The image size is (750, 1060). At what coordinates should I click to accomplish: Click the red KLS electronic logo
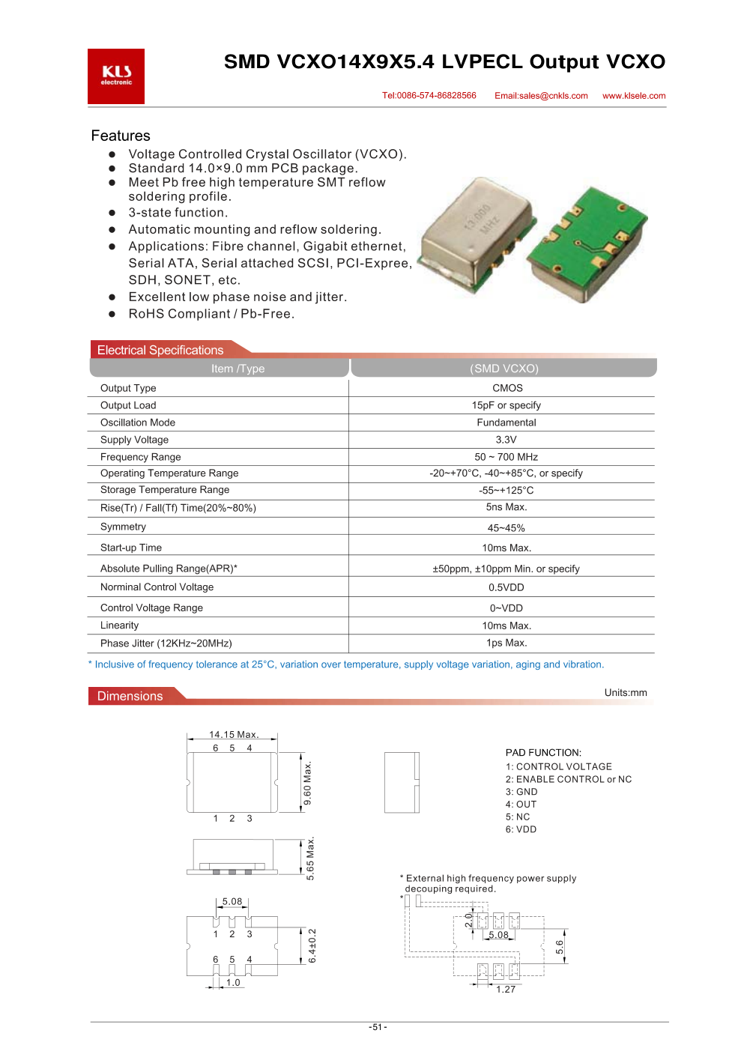116,76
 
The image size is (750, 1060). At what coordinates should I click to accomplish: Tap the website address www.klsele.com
634,96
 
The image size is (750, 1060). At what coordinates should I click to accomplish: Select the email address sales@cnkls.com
541,96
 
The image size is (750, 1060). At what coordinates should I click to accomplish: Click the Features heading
121,136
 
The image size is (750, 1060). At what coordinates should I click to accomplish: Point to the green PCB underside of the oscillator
586,243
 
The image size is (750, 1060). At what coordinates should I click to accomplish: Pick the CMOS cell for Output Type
507,388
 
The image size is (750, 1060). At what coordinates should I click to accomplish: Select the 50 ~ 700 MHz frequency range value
506,457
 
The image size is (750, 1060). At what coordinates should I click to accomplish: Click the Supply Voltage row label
134,440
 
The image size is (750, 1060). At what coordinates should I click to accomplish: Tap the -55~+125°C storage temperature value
506,491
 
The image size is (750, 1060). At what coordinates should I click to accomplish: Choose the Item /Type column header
238,369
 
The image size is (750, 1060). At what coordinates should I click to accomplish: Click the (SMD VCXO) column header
504,369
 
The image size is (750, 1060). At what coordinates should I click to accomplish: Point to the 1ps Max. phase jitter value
506,643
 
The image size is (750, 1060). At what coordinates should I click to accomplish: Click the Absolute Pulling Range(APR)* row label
169,569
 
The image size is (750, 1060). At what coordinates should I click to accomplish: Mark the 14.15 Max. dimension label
234,735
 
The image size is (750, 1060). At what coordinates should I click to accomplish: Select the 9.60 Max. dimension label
307,784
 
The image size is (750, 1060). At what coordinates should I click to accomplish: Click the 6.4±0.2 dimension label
312,945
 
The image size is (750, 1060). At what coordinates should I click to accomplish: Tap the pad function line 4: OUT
521,805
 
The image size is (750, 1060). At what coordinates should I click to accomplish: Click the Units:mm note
626,693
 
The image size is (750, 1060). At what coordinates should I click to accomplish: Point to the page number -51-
378,1027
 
